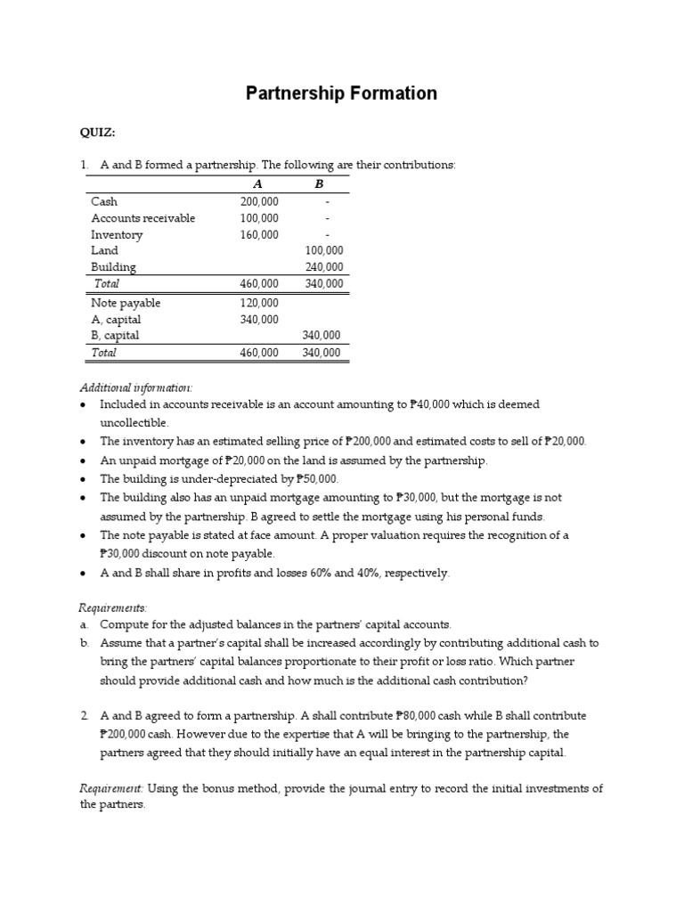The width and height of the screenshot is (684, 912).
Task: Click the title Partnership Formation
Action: point(341,94)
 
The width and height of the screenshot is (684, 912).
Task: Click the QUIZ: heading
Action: point(97,133)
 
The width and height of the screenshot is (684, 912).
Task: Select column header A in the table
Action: point(257,183)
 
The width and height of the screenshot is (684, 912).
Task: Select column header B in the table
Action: point(319,183)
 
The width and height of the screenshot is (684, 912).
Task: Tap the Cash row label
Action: point(104,202)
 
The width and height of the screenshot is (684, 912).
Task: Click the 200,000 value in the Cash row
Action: point(259,202)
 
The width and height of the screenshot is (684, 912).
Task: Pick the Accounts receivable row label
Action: point(142,218)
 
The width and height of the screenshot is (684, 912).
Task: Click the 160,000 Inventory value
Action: point(259,235)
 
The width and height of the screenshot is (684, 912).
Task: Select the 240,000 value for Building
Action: point(323,267)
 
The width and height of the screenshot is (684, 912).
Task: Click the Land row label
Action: point(104,251)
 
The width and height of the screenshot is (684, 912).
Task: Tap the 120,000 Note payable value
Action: point(259,303)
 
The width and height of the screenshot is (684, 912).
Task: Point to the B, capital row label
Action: point(116,336)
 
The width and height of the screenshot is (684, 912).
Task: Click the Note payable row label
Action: point(126,303)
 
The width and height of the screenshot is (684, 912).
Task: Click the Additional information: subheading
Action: point(135,387)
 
